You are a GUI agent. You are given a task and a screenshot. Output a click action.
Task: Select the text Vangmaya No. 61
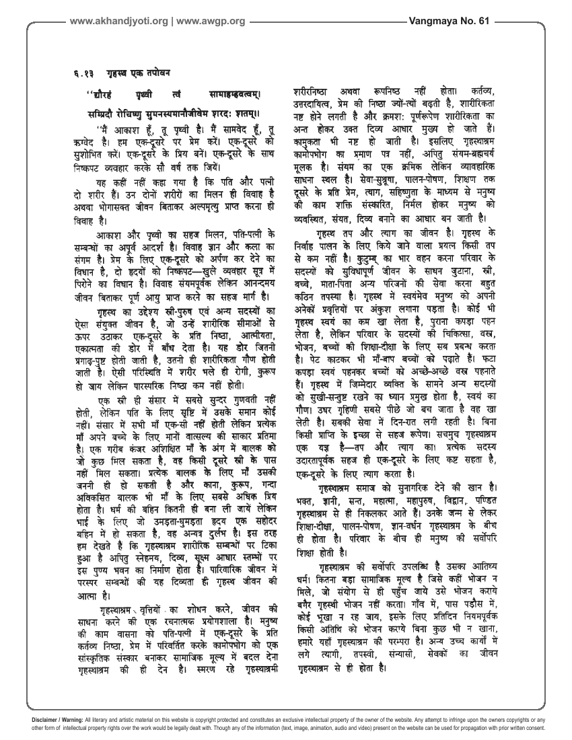point(456,21)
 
